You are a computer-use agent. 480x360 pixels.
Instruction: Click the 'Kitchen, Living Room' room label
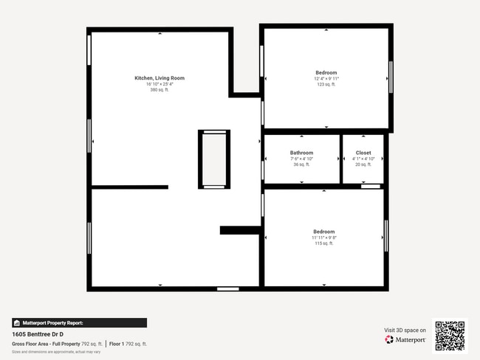(159, 77)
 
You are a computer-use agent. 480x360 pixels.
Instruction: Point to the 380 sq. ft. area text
(159, 90)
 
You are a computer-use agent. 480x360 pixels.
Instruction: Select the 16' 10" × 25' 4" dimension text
(159, 84)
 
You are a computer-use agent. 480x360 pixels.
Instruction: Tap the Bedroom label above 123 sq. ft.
(326, 72)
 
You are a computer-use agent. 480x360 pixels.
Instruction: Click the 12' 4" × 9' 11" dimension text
(326, 78)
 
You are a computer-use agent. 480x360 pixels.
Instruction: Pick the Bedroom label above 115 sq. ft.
(323, 232)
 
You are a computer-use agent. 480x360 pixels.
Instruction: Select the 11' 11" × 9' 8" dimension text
(323, 238)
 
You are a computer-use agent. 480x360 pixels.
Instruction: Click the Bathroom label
(301, 153)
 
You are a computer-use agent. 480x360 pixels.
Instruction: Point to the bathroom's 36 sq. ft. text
(301, 165)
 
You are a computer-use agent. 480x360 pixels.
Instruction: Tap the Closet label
(363, 153)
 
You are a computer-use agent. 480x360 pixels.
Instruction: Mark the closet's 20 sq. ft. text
(363, 165)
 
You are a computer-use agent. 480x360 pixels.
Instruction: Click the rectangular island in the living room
(214, 159)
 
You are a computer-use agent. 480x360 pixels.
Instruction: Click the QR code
(450, 336)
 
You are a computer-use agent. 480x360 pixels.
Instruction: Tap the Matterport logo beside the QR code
(405, 340)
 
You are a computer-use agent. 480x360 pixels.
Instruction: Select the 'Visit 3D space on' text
(405, 330)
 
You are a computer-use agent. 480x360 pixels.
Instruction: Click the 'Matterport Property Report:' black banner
(79, 323)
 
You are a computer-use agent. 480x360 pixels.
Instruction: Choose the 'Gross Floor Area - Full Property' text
(46, 344)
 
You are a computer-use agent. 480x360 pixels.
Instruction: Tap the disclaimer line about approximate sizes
(56, 351)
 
